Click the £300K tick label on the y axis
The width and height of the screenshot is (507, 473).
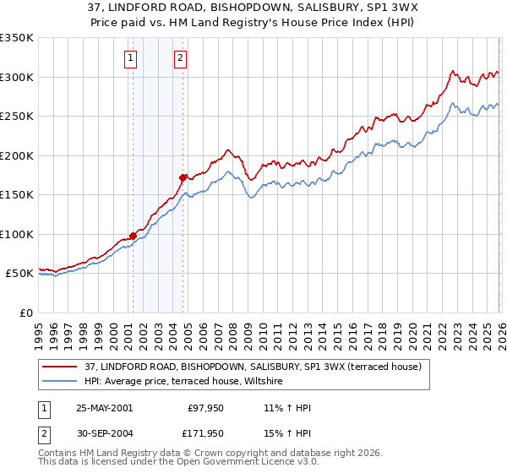click(17, 77)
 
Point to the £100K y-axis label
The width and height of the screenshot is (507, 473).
click(17, 234)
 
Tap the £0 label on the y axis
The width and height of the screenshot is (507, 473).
click(26, 313)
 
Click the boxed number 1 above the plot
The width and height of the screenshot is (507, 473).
click(132, 58)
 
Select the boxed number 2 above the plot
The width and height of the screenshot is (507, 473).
click(181, 58)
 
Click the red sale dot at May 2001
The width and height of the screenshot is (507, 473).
click(133, 236)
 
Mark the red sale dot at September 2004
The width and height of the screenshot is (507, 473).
click(183, 177)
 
